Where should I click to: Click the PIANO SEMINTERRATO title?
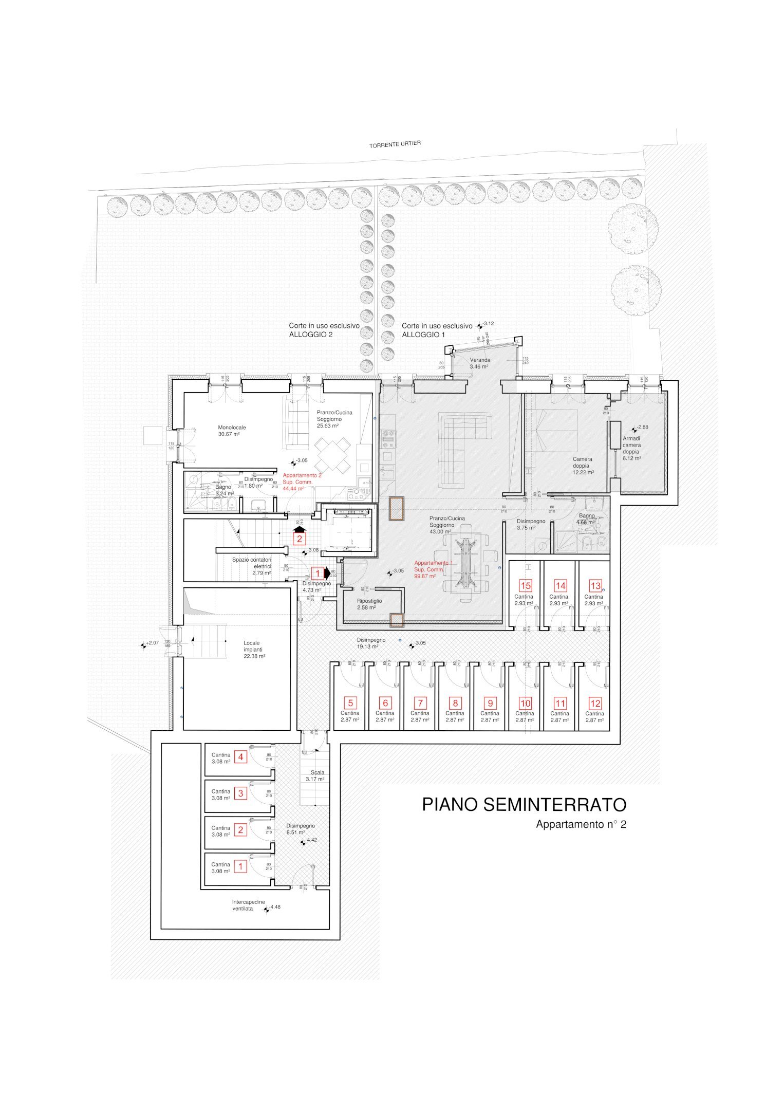pos(524,804)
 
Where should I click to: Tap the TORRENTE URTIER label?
pos(395,145)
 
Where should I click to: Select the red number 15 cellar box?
pos(525,585)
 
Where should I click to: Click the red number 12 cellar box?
pos(595,704)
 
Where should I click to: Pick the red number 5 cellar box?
pos(350,703)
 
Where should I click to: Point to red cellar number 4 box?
pos(240,756)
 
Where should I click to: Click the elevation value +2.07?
pos(153,643)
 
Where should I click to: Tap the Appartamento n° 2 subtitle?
pos(581,824)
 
